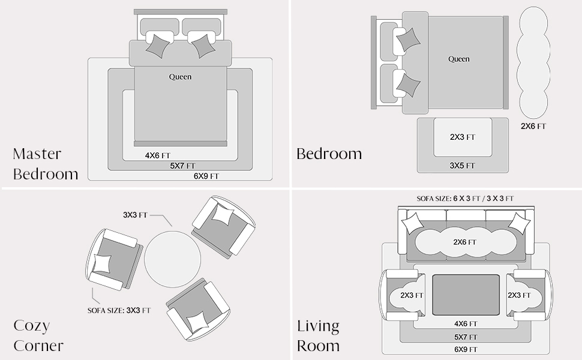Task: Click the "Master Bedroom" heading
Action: click(45, 164)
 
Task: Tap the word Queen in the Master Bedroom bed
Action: click(181, 77)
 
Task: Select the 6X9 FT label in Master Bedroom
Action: click(206, 176)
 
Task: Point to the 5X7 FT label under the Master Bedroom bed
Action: click(182, 166)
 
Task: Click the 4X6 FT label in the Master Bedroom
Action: click(157, 155)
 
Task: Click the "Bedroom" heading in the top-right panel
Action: click(329, 154)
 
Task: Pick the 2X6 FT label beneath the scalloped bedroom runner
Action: click(533, 126)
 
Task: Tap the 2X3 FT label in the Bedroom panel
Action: click(463, 137)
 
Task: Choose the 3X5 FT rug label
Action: click(462, 166)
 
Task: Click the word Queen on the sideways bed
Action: click(459, 59)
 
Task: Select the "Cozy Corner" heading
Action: click(38, 335)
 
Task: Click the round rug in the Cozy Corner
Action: click(173, 259)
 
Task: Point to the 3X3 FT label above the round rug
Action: click(135, 215)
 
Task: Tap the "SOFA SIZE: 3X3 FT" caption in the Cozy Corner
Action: click(119, 310)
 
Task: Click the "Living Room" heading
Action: click(318, 336)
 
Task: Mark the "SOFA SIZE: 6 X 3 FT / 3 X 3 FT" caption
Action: click(465, 199)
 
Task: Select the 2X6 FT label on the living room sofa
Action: click(464, 242)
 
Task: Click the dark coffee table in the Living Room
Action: click(466, 295)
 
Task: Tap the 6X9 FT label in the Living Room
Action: click(466, 349)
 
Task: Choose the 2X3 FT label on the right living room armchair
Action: click(519, 295)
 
